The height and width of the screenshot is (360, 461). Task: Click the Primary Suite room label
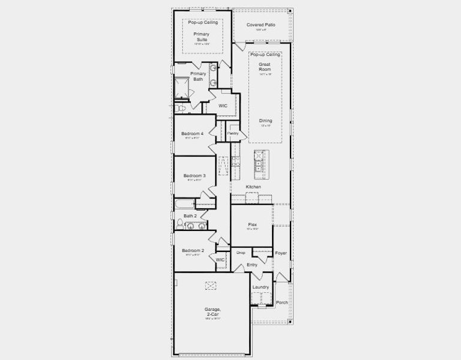click(x=202, y=37)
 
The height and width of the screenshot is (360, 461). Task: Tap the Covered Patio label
click(x=261, y=25)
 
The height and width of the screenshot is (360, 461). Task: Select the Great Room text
click(x=265, y=67)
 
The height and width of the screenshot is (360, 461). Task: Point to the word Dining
click(x=265, y=121)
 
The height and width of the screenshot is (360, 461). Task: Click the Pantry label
click(x=233, y=133)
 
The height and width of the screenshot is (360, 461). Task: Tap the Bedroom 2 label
click(x=193, y=250)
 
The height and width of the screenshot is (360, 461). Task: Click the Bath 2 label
click(x=190, y=215)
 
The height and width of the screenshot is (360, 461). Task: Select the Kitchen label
click(x=253, y=187)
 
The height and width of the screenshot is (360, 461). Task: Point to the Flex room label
click(x=252, y=225)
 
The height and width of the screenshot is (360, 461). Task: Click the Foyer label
click(x=281, y=253)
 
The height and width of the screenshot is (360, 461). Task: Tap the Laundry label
click(x=261, y=287)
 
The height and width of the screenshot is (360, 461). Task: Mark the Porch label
click(x=282, y=302)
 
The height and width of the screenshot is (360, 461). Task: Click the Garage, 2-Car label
click(x=212, y=312)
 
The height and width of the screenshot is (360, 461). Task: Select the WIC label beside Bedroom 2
click(x=220, y=260)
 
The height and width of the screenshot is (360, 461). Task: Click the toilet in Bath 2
click(x=179, y=224)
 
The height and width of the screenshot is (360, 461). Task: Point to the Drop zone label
click(x=241, y=253)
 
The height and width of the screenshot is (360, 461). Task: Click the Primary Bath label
click(x=198, y=76)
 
